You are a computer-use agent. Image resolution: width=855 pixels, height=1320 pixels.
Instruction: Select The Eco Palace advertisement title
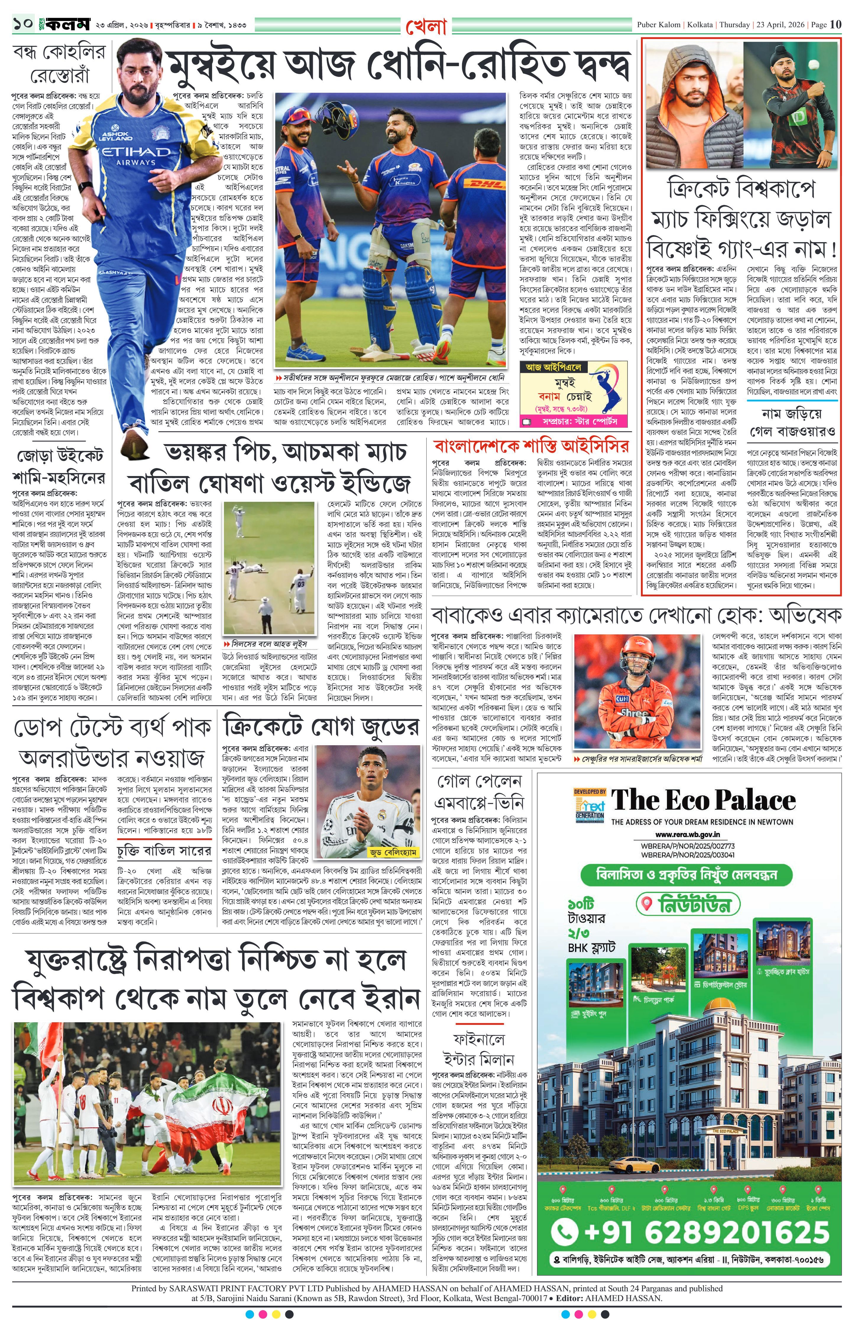(703, 800)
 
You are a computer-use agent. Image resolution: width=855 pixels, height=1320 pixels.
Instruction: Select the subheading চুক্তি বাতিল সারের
(164, 851)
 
